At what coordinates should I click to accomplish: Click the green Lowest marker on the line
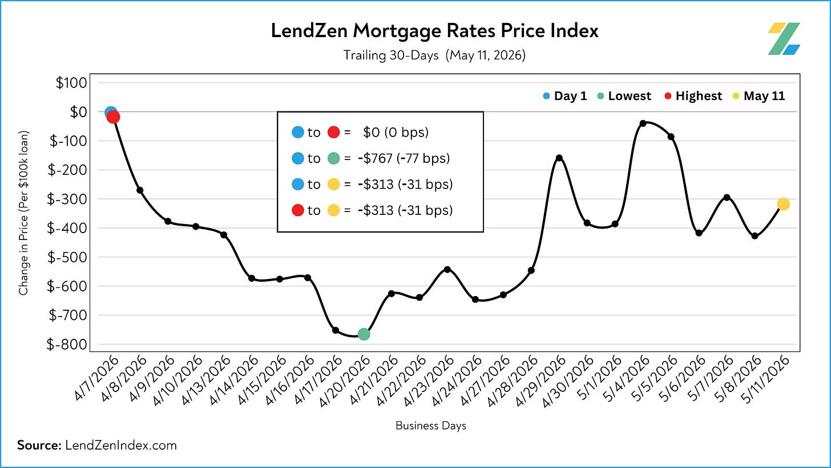coord(364,334)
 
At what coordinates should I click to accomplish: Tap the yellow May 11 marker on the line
coord(783,204)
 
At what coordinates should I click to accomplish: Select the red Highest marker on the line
coord(113,117)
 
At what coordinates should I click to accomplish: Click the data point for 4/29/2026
coord(559,158)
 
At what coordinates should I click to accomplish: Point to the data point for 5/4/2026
coord(643,123)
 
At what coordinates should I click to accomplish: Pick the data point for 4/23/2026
coord(447,269)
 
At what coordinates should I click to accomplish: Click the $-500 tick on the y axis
coord(67,257)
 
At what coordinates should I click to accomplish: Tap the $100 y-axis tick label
coord(71,82)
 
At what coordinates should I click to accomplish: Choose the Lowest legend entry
coord(624,96)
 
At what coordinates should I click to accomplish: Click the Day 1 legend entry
coord(565,96)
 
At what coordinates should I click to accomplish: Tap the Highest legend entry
coord(693,96)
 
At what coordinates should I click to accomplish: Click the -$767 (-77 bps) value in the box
coord(404,158)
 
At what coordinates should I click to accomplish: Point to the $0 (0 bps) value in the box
coord(396,132)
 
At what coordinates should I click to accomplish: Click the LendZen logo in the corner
coord(784,39)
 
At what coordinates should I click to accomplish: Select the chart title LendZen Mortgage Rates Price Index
coord(435,30)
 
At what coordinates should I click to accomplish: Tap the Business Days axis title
coord(431,425)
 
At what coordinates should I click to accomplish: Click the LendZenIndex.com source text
coord(121,445)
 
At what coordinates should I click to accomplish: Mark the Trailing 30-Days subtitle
coord(391,55)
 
